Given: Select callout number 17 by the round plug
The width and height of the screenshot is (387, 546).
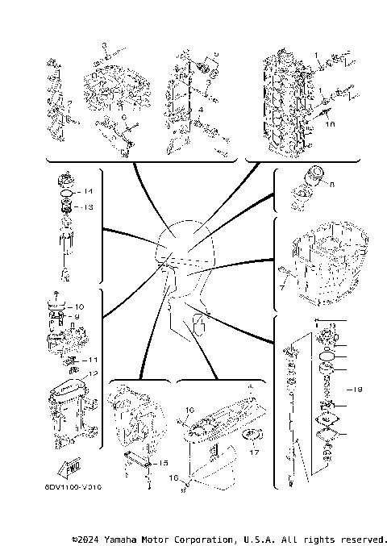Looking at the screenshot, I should click(255, 452).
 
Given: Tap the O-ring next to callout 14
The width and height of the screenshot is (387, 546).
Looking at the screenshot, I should click(69, 193).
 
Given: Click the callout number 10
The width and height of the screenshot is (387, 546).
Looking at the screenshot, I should click(79, 306).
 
